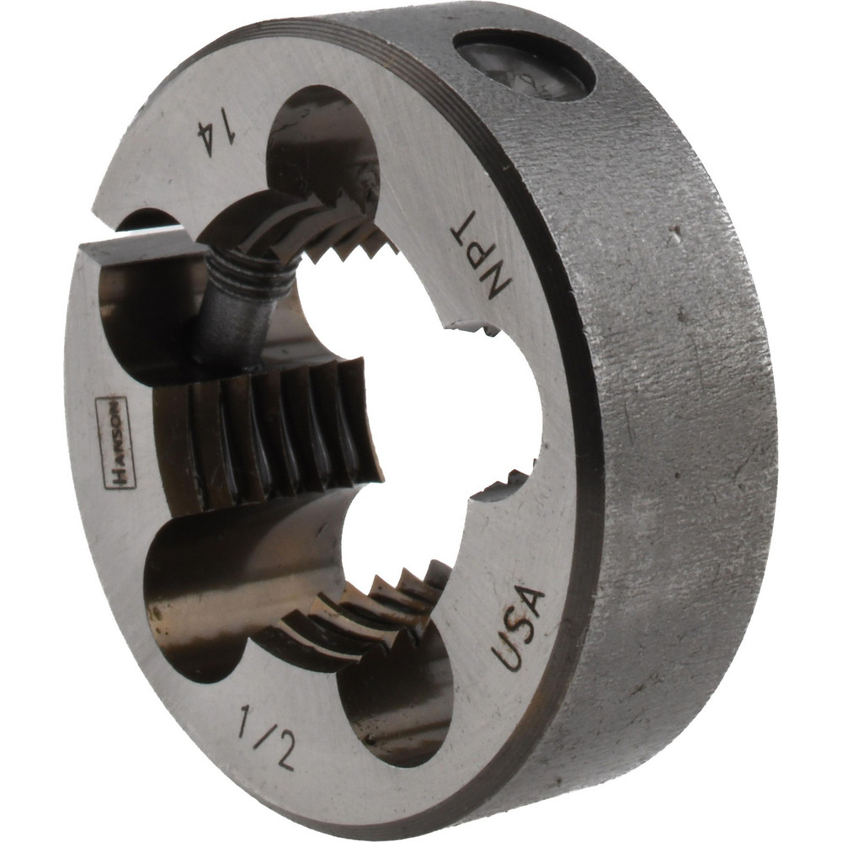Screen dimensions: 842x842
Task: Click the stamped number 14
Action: coord(216,134)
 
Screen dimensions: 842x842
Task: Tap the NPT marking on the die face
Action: coord(482,254)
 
